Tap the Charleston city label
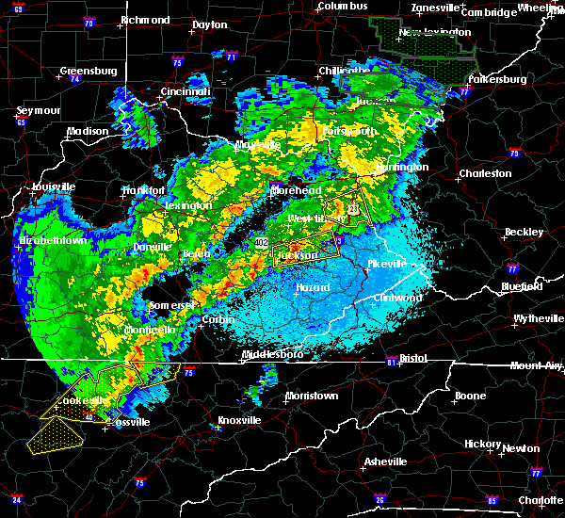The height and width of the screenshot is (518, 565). point(484,173)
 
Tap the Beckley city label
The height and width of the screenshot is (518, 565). point(524,232)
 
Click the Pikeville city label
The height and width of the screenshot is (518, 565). point(386,264)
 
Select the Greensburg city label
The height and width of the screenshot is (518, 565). point(88,71)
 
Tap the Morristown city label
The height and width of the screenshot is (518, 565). point(311,396)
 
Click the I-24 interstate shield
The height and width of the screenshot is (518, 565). point(16,499)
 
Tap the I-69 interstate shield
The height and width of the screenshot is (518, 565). point(18,8)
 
